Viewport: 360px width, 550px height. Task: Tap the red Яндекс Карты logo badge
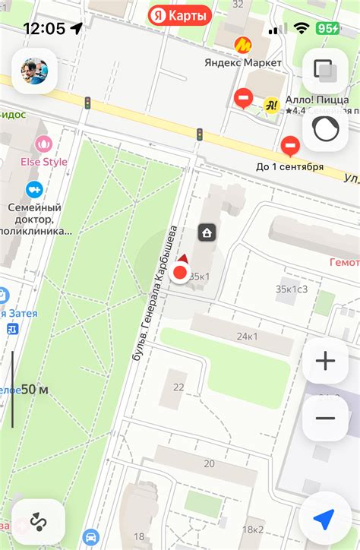click(x=179, y=14)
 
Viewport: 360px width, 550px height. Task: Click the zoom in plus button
click(x=325, y=361)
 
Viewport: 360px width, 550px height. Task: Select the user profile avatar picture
click(x=33, y=71)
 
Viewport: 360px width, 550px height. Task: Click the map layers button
click(x=325, y=71)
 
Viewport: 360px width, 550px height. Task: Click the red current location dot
click(x=181, y=273)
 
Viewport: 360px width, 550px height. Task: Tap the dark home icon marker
click(x=206, y=232)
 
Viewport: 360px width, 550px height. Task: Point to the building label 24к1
click(x=247, y=337)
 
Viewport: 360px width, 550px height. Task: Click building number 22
click(x=178, y=387)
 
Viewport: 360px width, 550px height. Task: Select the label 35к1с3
click(x=292, y=289)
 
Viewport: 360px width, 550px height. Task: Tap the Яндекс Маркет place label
click(x=243, y=62)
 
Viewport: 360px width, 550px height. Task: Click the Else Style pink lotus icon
click(x=43, y=143)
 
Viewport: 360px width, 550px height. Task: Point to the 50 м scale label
click(x=34, y=390)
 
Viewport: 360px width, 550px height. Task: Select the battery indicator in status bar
click(x=328, y=29)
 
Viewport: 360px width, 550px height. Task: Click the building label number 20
click(x=208, y=463)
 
